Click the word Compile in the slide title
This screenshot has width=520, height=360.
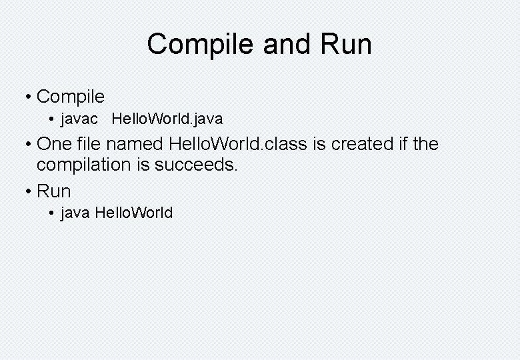point(201,45)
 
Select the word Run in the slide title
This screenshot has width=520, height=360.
point(347,45)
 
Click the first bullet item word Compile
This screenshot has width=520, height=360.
point(71,97)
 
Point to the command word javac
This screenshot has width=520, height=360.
point(79,119)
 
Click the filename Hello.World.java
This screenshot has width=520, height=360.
point(167,119)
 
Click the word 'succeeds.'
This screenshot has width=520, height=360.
point(196,165)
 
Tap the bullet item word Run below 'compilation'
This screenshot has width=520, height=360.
point(54,191)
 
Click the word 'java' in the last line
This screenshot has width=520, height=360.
point(75,213)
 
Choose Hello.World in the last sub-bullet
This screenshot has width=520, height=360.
point(134,213)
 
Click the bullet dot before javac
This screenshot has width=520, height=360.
point(52,120)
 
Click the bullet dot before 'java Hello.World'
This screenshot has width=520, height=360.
point(52,214)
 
